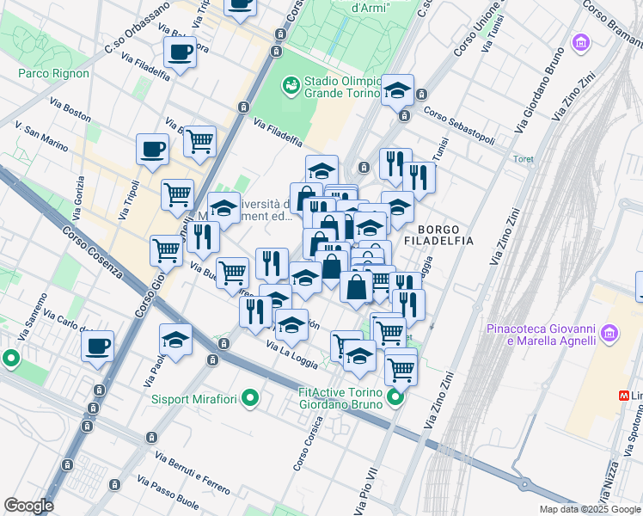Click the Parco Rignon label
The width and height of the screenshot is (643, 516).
tap(53, 73)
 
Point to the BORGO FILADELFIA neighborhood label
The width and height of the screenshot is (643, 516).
tap(445, 236)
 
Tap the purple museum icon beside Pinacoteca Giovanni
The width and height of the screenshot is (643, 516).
tap(609, 332)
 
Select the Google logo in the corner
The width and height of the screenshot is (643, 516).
tap(28, 506)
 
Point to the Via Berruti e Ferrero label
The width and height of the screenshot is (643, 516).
tap(193, 472)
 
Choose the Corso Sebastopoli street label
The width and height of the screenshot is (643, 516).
tap(459, 126)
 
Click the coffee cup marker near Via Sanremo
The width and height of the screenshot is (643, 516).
tap(97, 346)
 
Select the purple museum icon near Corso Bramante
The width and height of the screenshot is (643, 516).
tap(582, 42)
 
